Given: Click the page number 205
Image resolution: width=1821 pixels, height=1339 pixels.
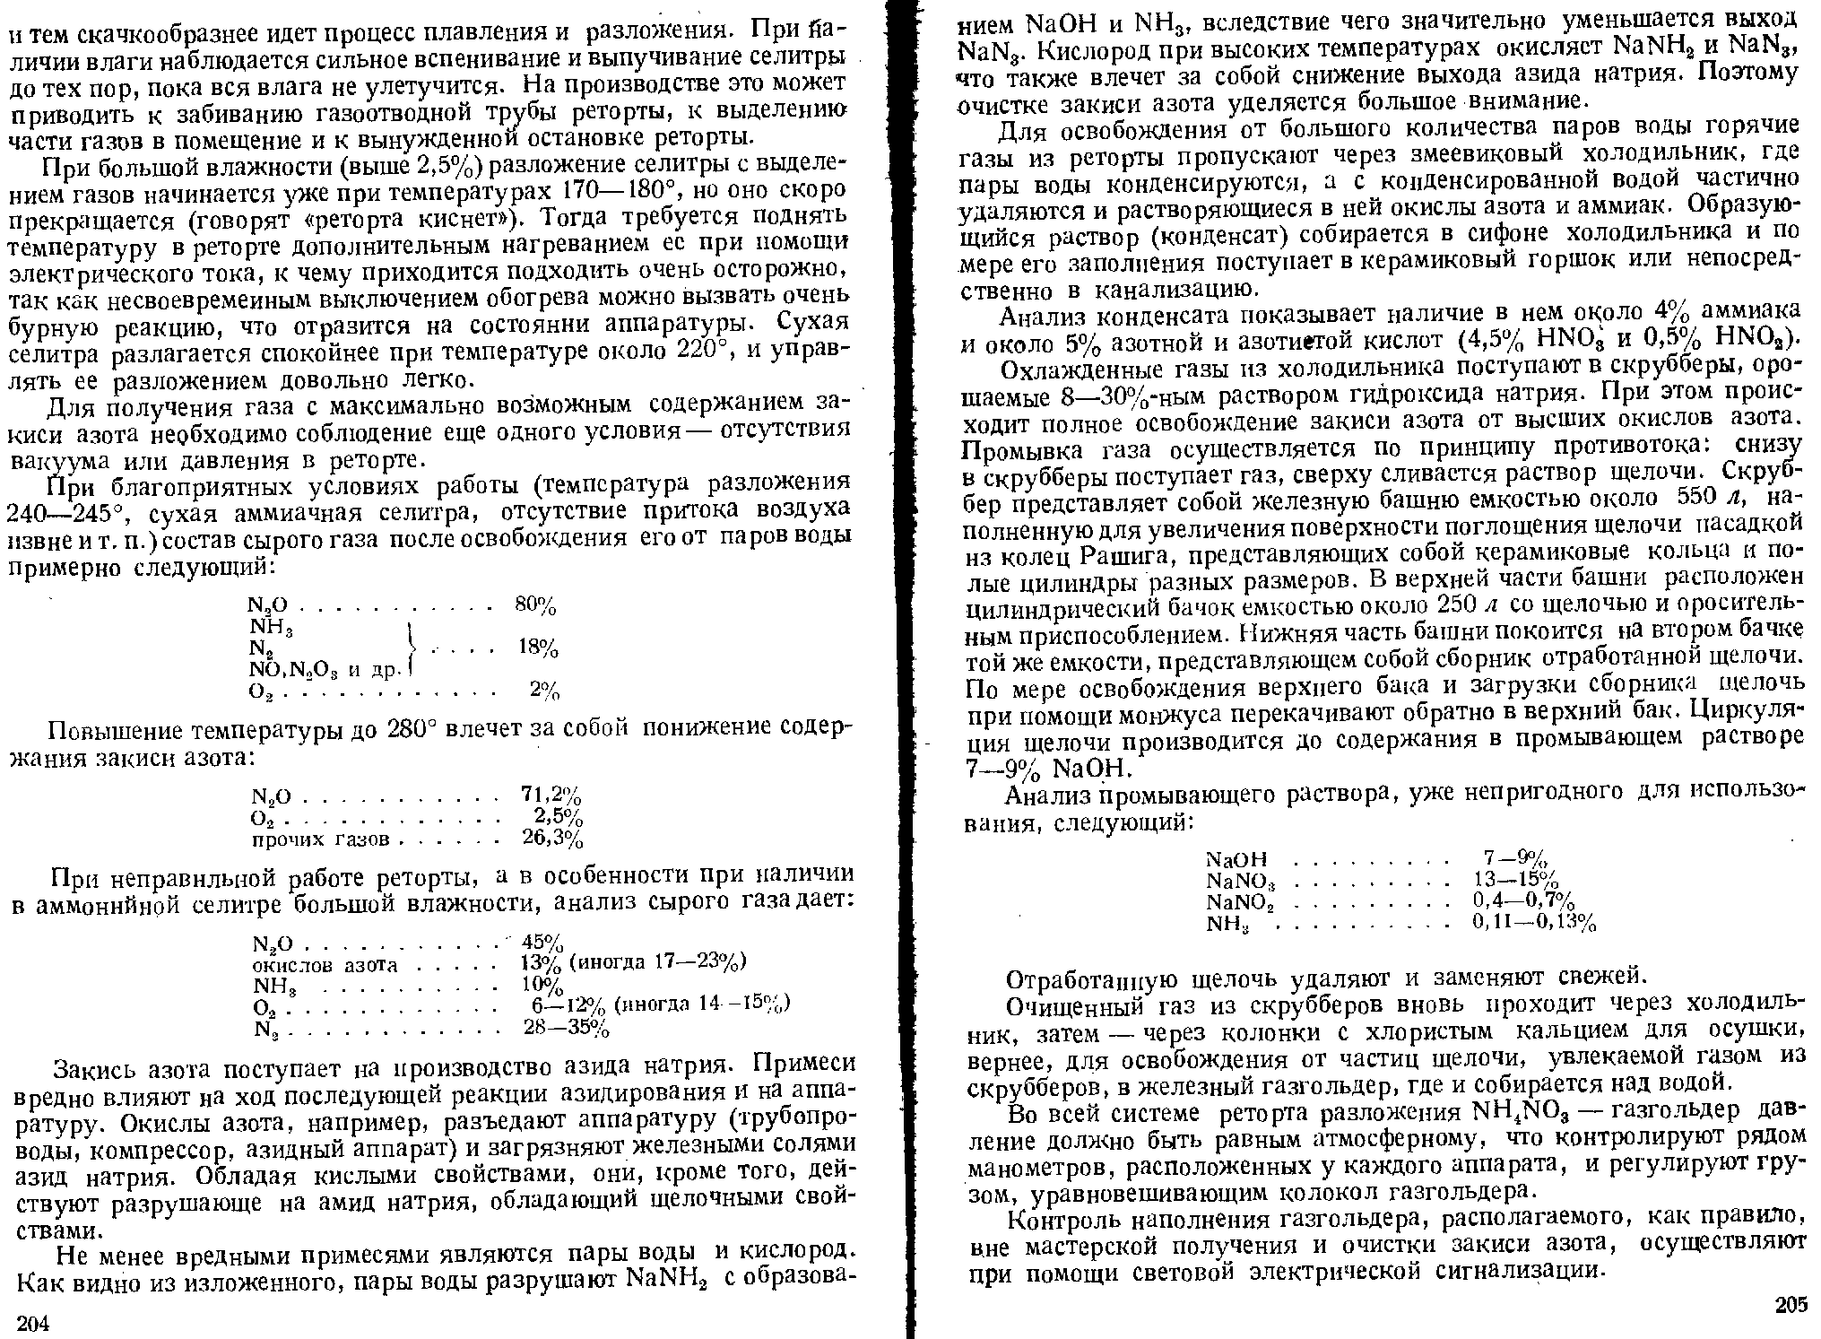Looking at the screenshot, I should point(1790,1305).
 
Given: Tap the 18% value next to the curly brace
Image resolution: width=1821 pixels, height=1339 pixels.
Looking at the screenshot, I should point(539,648).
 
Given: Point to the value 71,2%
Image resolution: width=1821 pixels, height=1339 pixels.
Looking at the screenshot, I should point(551,795).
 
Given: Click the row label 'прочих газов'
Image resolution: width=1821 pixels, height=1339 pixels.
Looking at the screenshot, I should point(319,839).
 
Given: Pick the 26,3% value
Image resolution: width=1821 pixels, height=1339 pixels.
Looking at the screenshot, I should point(552,839).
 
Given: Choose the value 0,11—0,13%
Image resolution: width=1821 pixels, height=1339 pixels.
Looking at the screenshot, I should point(1535,922).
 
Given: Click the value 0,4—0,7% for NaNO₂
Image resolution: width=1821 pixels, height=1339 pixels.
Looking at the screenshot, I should point(1523,900).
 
